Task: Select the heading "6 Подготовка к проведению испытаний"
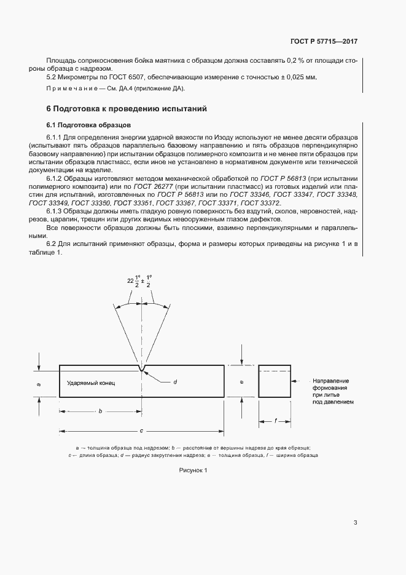[127, 109]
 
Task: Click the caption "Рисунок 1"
[193, 470]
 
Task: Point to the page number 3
[356, 523]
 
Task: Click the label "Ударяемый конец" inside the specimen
[91, 383]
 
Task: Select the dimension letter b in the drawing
[100, 411]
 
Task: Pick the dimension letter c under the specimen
[142, 430]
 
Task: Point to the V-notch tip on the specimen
[142, 370]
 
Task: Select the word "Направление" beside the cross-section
[330, 381]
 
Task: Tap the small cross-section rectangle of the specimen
[275, 381]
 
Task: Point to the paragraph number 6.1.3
[56, 211]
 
